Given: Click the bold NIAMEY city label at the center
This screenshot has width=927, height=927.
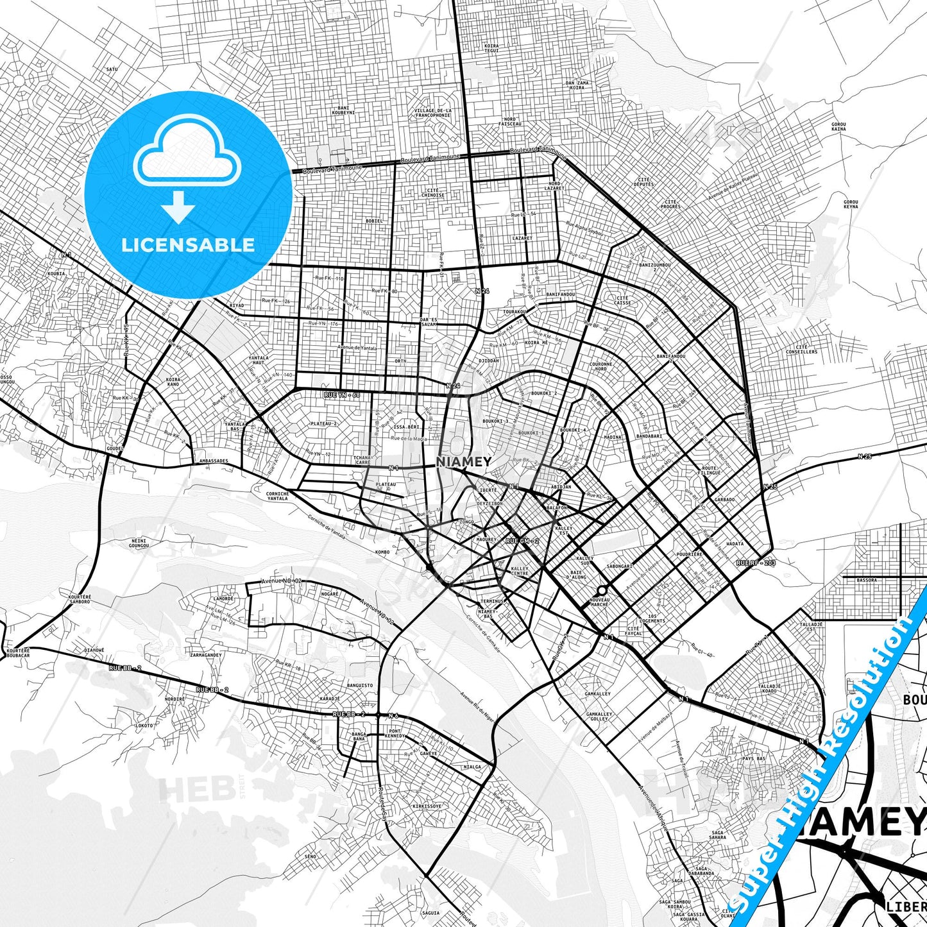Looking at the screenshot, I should [x=464, y=462].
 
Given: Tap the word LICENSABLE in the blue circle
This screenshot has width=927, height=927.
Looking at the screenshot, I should [x=188, y=245].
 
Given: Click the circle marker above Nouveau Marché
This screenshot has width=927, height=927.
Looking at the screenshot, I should [x=602, y=590].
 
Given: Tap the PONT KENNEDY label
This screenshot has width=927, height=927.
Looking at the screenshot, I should [x=395, y=734].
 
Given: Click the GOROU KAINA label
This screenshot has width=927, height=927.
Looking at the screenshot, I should [x=838, y=126].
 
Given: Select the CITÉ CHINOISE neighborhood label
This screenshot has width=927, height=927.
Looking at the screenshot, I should [x=432, y=192].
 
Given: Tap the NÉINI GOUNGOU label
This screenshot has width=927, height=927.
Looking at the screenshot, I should [x=139, y=543].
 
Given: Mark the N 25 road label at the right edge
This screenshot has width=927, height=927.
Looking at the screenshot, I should [x=865, y=457].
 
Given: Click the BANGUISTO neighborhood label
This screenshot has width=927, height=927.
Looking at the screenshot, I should [x=359, y=685].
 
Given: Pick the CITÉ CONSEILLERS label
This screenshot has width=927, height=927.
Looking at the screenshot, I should [x=802, y=350].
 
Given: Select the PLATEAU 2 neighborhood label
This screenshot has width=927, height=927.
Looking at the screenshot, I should [x=323, y=424].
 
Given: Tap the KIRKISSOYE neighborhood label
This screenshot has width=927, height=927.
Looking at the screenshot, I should [x=427, y=806].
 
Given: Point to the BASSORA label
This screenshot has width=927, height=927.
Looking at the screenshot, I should [x=866, y=580].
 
